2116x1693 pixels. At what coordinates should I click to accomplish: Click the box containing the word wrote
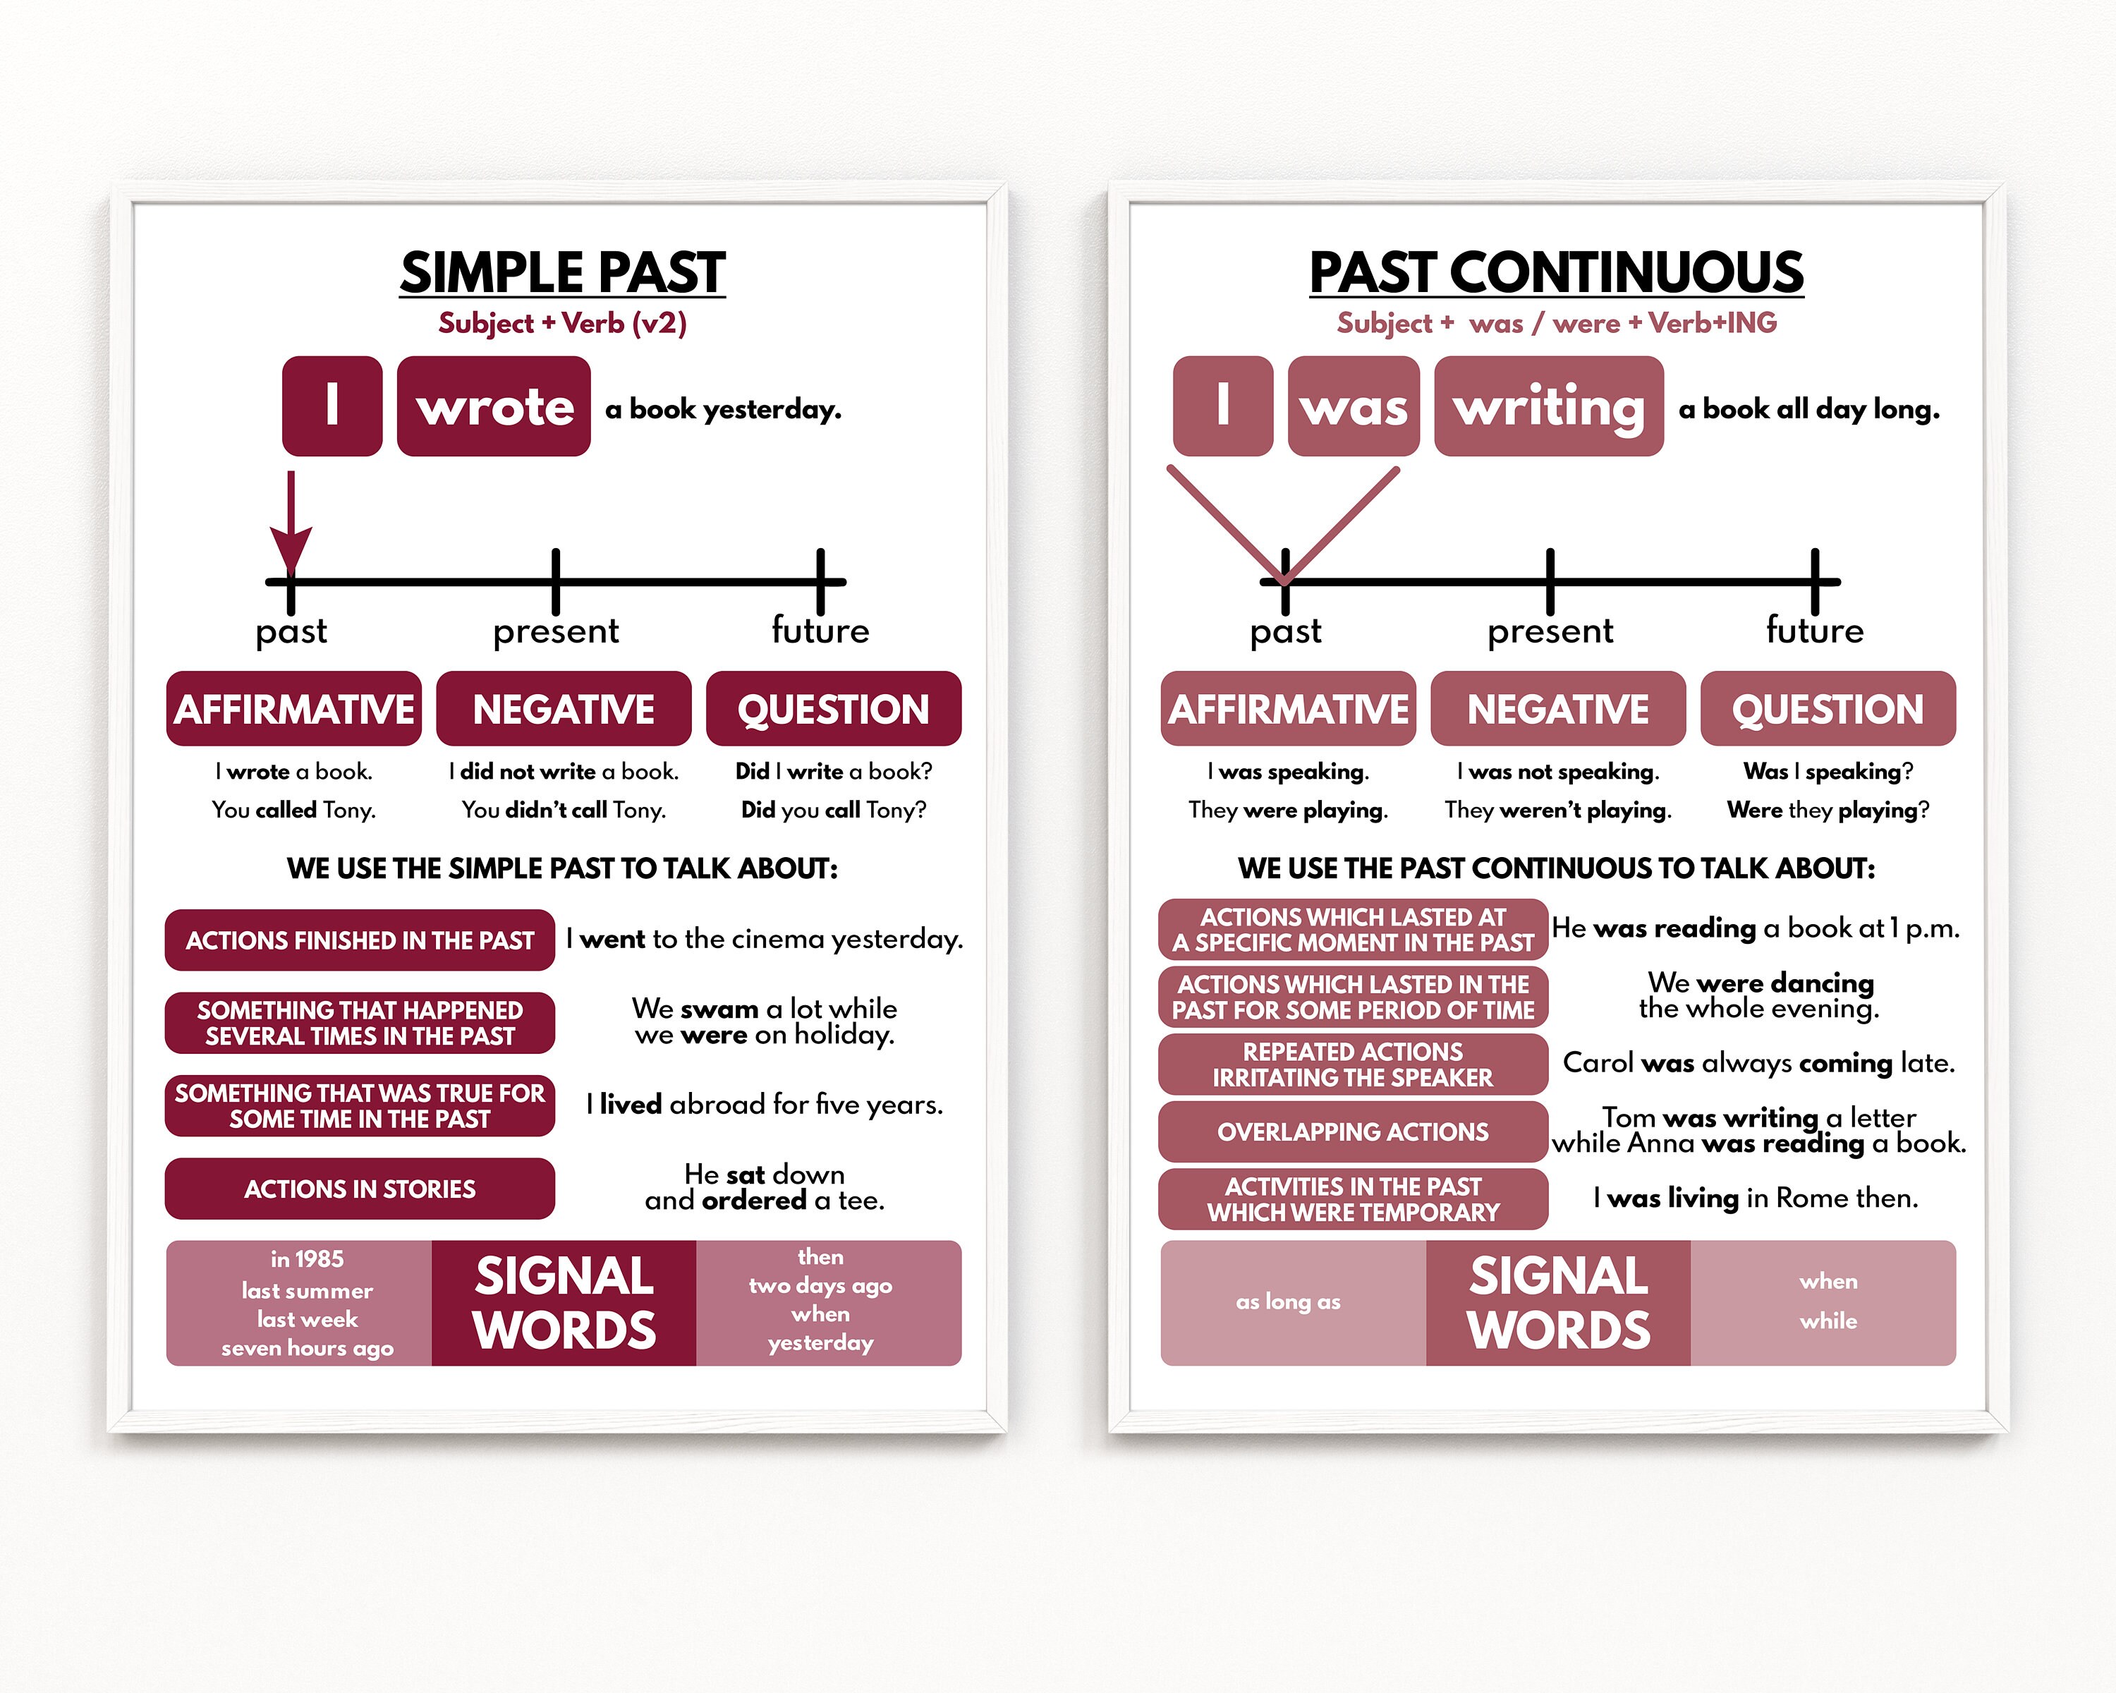[494, 406]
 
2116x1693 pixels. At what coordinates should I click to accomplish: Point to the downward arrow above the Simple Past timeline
[291, 525]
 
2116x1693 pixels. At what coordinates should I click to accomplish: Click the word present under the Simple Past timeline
[556, 631]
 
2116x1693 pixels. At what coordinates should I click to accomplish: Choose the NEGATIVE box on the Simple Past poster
[564, 709]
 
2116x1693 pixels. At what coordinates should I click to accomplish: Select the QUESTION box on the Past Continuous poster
[1828, 709]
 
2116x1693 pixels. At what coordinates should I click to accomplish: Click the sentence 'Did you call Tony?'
[833, 810]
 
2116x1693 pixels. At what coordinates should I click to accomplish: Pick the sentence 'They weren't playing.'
[1557, 810]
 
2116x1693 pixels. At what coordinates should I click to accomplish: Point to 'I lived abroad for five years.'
[765, 1105]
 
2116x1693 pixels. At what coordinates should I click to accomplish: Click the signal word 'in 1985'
[308, 1259]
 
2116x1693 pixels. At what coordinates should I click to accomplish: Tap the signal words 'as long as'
[1288, 1301]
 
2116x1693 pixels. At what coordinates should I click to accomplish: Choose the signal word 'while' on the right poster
[1828, 1321]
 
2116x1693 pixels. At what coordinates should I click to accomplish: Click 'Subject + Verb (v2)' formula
[562, 323]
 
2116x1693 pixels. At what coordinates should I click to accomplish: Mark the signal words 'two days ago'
[820, 1286]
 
